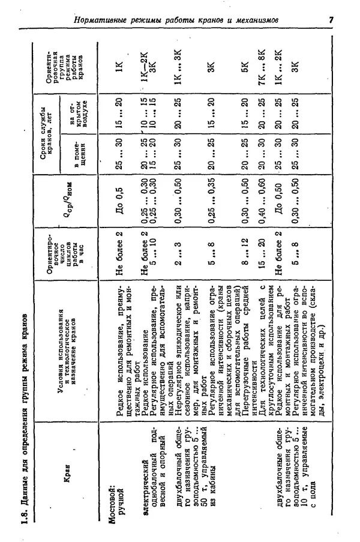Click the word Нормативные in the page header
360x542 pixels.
(107, 21)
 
